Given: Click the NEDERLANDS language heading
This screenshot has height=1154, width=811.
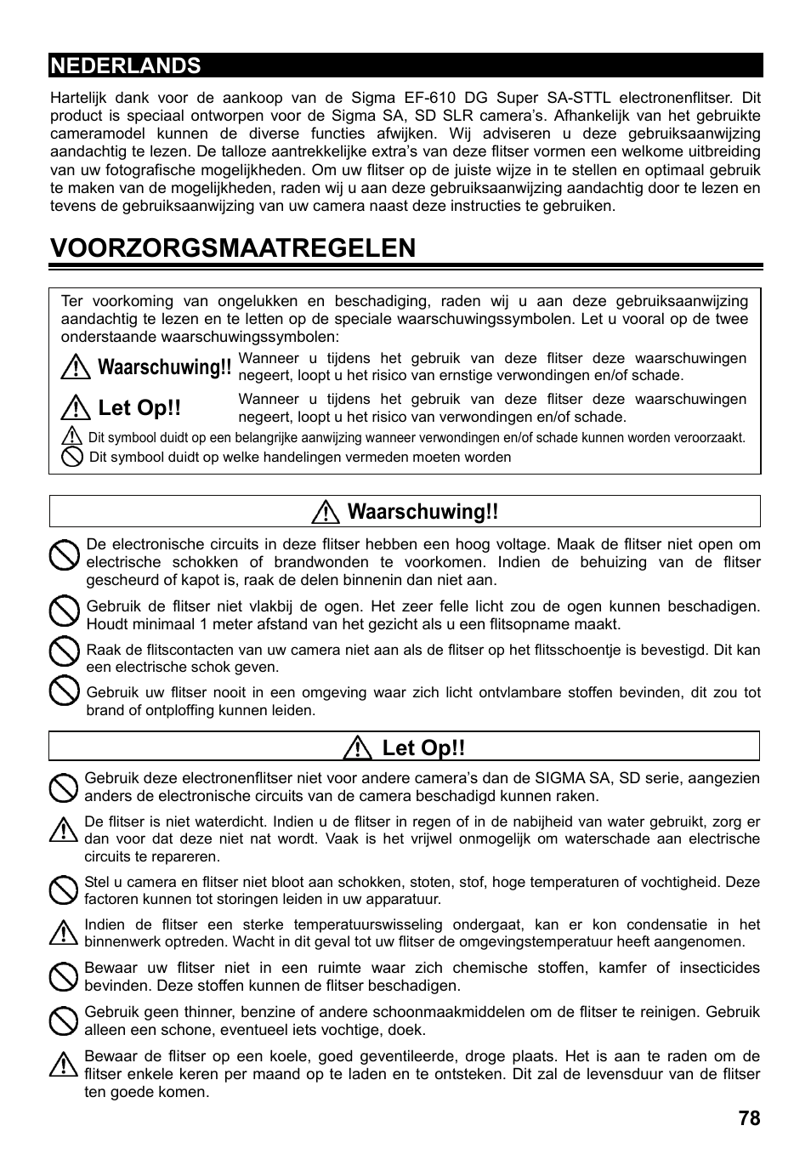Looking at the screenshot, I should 126,65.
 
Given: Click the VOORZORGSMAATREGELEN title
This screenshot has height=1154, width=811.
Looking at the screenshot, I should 233,247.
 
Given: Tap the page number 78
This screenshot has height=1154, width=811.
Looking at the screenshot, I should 749,1118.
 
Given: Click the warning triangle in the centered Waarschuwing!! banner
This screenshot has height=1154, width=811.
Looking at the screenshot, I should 325,512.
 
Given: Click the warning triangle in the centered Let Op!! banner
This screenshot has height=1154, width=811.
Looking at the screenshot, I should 359,748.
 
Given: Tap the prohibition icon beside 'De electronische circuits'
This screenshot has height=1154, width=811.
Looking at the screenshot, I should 64,556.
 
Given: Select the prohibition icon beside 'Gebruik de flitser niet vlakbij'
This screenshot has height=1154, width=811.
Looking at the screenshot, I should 64,611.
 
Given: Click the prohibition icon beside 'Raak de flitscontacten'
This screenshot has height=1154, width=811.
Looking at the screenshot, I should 64,652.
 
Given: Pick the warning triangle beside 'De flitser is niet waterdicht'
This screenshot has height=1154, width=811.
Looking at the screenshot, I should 63,830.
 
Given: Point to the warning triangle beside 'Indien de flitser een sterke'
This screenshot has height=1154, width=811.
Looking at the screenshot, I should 63,933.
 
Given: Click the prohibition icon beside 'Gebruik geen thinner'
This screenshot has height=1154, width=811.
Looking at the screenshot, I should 64,1020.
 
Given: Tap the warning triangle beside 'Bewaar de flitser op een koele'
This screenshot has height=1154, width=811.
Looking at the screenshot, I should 63,1064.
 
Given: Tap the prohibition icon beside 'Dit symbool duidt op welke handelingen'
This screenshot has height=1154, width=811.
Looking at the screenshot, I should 72,458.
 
